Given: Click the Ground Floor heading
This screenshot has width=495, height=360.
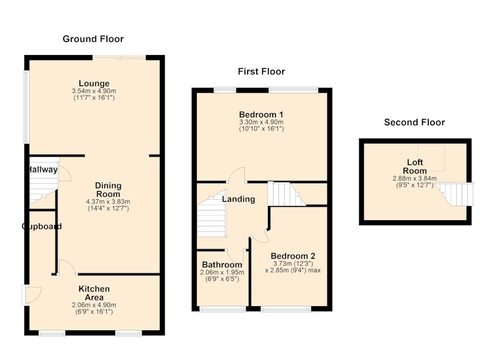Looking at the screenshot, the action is [93, 39].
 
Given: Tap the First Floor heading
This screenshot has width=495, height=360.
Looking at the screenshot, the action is [261, 72].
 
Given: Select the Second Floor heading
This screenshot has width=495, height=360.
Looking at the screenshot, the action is [415, 122].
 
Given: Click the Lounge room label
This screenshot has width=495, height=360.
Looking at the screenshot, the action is [94, 84].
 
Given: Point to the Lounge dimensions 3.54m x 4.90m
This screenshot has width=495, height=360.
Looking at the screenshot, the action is [94, 91].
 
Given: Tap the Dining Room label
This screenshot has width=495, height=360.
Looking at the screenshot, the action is [108, 190].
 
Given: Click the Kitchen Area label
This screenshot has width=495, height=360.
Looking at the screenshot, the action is [94, 293].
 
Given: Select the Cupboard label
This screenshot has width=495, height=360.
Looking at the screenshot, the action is [41, 226].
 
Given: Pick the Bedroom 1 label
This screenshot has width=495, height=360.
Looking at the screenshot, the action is [261, 114].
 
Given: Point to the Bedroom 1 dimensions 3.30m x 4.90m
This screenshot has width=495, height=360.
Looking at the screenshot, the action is [261, 122].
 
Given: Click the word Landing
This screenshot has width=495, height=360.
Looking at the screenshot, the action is [238, 199].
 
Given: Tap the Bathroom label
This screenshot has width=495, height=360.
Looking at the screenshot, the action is [222, 264].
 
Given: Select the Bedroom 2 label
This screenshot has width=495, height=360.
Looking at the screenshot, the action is [293, 256].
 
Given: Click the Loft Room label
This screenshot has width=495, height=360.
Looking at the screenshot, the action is [415, 166].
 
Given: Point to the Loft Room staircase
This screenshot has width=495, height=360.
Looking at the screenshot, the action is [455, 194].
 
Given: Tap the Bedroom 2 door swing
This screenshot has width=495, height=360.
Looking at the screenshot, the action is [260, 236].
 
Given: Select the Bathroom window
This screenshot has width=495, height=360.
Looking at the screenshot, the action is [223, 309].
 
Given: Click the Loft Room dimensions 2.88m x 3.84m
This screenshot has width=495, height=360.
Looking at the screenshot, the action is [415, 179].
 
